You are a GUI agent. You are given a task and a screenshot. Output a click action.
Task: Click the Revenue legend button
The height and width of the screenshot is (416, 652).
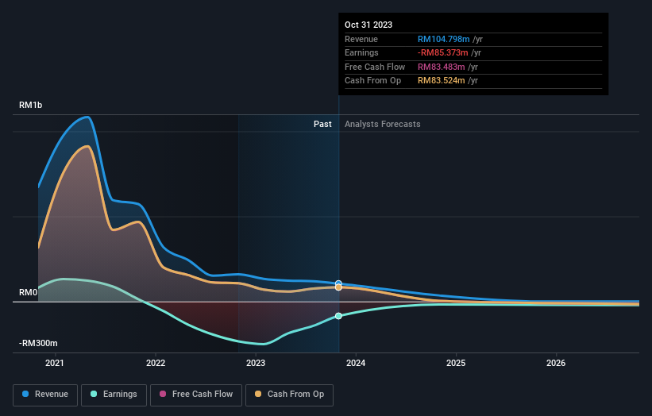46,394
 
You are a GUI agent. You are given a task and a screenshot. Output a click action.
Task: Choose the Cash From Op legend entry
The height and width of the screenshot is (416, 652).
290,394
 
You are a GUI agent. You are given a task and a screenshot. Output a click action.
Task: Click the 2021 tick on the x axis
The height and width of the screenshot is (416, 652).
55,364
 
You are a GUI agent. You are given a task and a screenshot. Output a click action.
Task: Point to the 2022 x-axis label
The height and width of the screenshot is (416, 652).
156,364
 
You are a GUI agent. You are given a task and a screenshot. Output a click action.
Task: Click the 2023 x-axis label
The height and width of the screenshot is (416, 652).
256,364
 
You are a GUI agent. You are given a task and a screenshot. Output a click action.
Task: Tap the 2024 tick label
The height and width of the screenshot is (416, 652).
356,364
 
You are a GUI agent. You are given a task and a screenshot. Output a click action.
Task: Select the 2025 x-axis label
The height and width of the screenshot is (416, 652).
456,364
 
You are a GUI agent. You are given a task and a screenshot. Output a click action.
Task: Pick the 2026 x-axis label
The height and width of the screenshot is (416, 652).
556,364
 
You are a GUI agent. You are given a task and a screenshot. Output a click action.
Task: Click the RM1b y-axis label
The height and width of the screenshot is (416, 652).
32,106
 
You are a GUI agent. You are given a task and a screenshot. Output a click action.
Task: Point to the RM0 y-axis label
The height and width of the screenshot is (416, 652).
29,293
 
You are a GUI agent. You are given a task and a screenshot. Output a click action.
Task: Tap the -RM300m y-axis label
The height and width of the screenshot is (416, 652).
39,344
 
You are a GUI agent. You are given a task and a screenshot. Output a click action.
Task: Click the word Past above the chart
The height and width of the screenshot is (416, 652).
322,124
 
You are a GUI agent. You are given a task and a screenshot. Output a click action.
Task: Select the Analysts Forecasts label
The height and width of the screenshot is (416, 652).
383,124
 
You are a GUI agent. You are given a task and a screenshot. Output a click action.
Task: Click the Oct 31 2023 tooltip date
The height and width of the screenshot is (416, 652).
368,25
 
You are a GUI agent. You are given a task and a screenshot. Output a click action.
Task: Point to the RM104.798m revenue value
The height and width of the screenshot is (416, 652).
444,40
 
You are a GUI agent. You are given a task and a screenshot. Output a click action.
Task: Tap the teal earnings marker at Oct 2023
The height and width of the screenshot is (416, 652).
338,316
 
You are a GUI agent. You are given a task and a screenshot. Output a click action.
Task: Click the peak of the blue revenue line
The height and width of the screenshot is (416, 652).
87,117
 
